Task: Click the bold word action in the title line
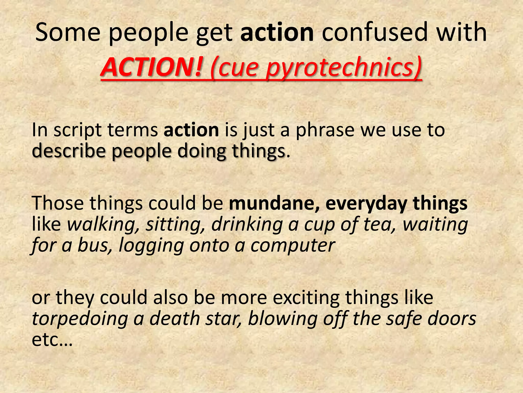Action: [x=277, y=32]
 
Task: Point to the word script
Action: [x=78, y=130]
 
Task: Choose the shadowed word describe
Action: [x=69, y=151]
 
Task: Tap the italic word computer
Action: [x=293, y=245]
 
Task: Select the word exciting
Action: [x=306, y=298]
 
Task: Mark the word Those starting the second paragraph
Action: [x=58, y=203]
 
